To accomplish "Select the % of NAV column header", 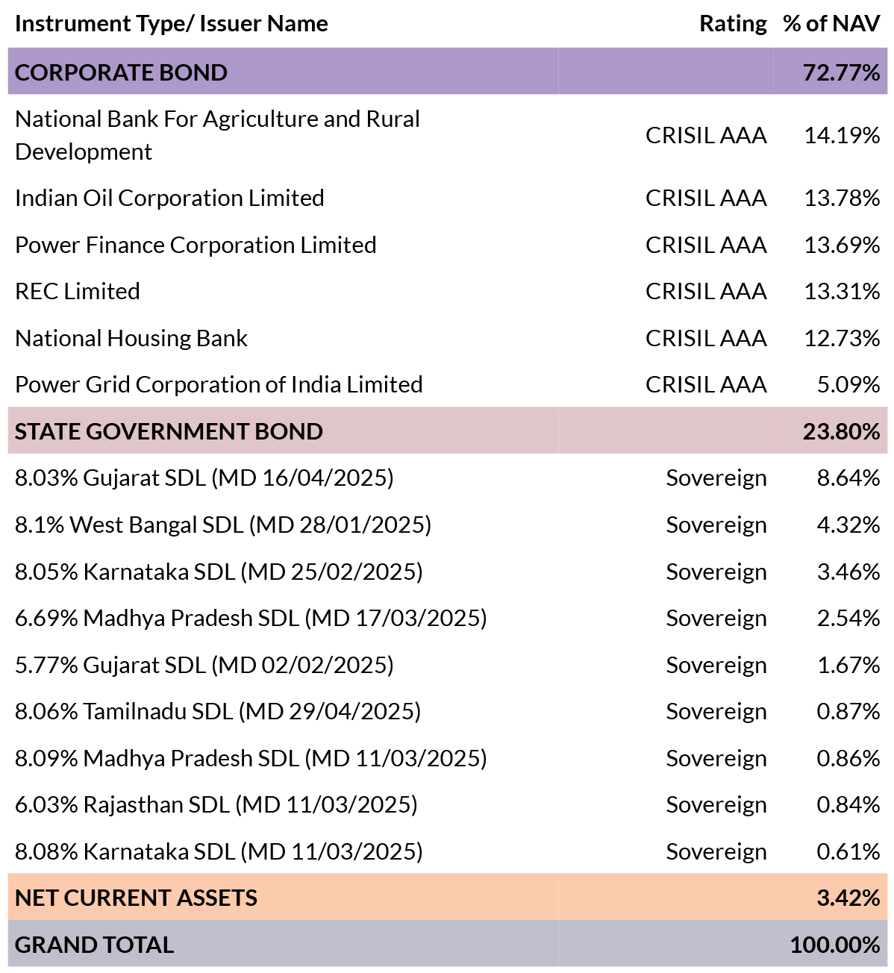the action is (x=831, y=23).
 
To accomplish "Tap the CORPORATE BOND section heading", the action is (x=121, y=72).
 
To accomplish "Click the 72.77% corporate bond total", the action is (x=841, y=72).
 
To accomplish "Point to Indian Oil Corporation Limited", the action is (x=169, y=198).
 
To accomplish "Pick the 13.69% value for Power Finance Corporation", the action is (x=842, y=245).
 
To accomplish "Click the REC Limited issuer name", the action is (x=78, y=291).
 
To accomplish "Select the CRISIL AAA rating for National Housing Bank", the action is (x=706, y=338).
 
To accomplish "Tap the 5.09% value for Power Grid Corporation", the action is (x=848, y=384).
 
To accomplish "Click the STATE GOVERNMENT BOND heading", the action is (x=169, y=431).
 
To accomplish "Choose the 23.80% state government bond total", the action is (x=841, y=431).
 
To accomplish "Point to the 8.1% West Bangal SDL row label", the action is (x=223, y=525).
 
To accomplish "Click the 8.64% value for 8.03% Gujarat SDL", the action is (x=848, y=478).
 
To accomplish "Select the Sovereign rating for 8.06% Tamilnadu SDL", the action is (x=716, y=712).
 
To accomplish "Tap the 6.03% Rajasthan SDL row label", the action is (x=216, y=804).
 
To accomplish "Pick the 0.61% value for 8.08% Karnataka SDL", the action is (x=848, y=851).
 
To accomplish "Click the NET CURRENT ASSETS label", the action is (x=136, y=898).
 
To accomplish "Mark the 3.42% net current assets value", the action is (x=848, y=898).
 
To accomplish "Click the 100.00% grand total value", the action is (x=835, y=945).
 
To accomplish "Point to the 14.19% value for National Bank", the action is (x=842, y=135).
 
